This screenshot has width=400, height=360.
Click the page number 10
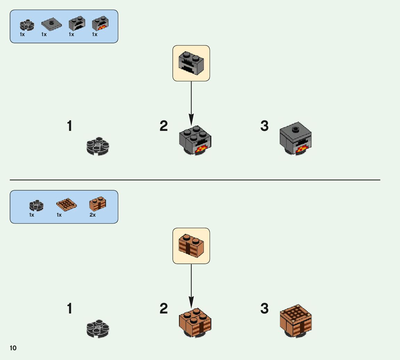coord(13,348)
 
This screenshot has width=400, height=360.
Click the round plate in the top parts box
coord(27,24)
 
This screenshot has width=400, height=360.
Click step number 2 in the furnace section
coord(164,126)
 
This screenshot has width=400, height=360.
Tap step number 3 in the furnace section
coord(264,126)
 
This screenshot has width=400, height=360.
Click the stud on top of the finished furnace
coord(296,130)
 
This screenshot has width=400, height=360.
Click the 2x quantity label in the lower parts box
coord(92,215)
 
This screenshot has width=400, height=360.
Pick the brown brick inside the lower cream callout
coord(191,245)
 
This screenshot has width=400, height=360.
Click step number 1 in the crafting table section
coord(70,308)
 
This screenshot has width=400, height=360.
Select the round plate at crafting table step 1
coord(98,328)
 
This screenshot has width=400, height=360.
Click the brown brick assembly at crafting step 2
coord(195,322)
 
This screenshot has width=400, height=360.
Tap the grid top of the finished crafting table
coord(295,314)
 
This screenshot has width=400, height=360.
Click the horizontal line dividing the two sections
coord(195,180)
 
